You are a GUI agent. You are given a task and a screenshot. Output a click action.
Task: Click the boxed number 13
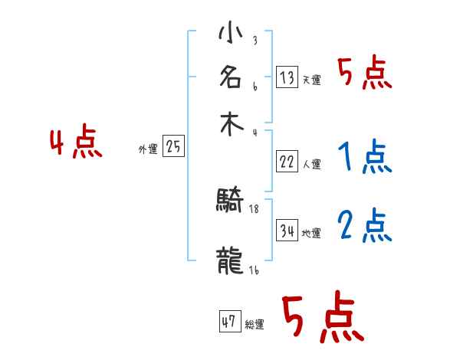(287, 77)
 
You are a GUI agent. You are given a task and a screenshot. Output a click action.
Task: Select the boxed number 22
(287, 162)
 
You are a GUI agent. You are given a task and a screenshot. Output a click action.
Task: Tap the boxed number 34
(287, 231)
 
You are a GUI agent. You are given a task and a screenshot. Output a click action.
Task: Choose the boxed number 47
(229, 322)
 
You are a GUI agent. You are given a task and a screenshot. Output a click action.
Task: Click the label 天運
(311, 80)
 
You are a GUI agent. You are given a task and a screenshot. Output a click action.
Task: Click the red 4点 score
(76, 144)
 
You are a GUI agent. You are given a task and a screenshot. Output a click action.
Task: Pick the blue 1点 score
(363, 159)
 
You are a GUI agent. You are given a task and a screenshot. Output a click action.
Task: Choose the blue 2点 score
(364, 226)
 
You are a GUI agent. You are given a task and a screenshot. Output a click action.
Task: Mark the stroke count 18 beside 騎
(255, 208)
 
